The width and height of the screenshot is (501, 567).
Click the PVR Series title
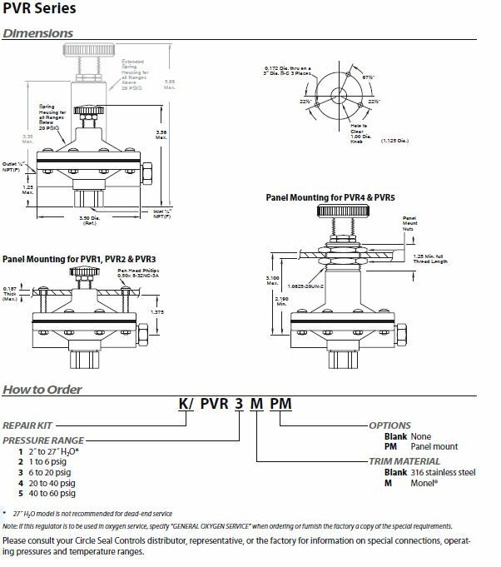point(35,10)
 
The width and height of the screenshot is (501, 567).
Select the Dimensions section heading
point(38,33)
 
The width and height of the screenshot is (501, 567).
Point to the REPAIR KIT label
point(26,425)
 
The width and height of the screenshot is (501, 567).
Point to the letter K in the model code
point(184,407)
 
